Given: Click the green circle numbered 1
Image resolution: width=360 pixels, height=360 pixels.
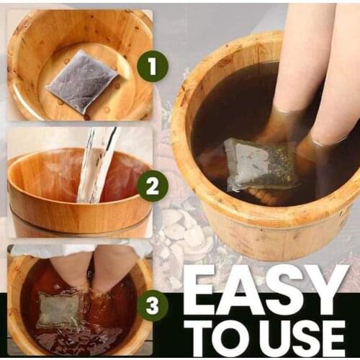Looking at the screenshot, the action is [153, 66].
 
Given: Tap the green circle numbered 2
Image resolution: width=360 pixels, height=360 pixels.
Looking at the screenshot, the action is [153, 186].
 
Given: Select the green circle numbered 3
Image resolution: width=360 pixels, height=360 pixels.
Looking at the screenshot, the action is [153, 305].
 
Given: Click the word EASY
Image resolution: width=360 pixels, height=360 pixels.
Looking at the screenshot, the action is [264, 289].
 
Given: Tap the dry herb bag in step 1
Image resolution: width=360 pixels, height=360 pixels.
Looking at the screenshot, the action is [83, 81].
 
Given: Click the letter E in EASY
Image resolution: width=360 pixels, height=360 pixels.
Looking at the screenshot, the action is [200, 289].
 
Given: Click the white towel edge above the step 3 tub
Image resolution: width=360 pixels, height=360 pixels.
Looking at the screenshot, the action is [81, 250].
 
